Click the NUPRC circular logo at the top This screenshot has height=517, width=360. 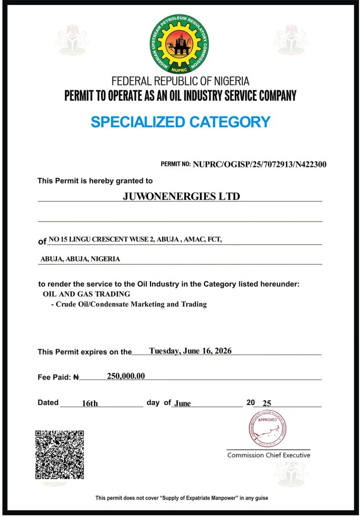pos(180,44)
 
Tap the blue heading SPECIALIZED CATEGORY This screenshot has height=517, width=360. pos(180,122)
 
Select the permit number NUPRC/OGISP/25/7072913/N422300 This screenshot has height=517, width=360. pos(260,164)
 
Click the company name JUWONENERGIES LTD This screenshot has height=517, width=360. pos(181,196)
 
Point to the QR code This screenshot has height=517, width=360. pos(60,454)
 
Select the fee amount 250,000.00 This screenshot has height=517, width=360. pos(126,376)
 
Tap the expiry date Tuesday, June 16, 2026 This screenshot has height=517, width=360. pos(190,351)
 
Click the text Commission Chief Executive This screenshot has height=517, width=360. pos(269,455)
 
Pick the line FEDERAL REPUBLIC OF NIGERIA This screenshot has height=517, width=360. pos(180,81)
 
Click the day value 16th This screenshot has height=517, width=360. pos(90,403)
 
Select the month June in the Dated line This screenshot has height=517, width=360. pos(182,403)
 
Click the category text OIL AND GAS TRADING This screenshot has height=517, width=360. pos(86,294)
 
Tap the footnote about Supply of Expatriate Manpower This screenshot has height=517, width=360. pos(182,498)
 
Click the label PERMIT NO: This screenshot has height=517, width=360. pos(176,165)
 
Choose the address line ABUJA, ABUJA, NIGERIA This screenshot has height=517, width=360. pos(80,259)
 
